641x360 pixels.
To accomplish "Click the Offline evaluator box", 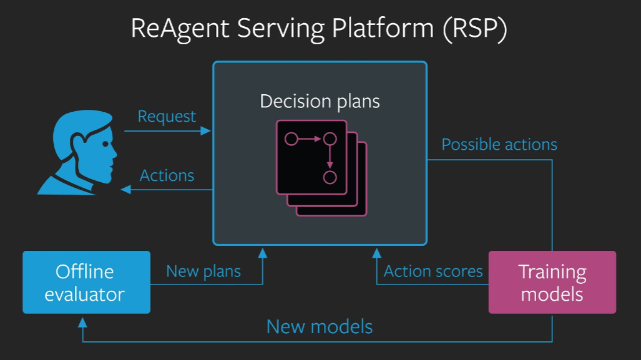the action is [86, 283].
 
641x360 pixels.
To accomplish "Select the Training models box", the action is [552, 283].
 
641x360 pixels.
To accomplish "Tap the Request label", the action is [167, 117].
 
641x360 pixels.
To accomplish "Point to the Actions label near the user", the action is [167, 175].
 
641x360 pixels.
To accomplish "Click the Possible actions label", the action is [499, 144].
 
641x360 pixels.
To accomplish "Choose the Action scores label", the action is [433, 271].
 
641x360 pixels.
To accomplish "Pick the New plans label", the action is [203, 271].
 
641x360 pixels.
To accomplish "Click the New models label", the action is [320, 326].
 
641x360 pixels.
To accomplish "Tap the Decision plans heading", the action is [320, 101].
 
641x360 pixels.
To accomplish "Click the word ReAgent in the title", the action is [180, 29].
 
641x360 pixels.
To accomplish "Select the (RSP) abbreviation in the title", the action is [474, 29].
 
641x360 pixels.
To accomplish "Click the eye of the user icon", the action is [105, 144].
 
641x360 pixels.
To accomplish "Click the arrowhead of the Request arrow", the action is [206, 131].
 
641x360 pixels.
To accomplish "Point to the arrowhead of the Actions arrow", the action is [126, 189].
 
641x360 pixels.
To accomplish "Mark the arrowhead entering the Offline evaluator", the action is [82, 323].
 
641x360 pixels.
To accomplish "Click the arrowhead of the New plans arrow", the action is [262, 253].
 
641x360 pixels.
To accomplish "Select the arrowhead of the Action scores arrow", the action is [376, 253].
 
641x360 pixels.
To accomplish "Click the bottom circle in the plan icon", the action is [330, 177].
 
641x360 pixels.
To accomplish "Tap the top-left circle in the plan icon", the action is [291, 139].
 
